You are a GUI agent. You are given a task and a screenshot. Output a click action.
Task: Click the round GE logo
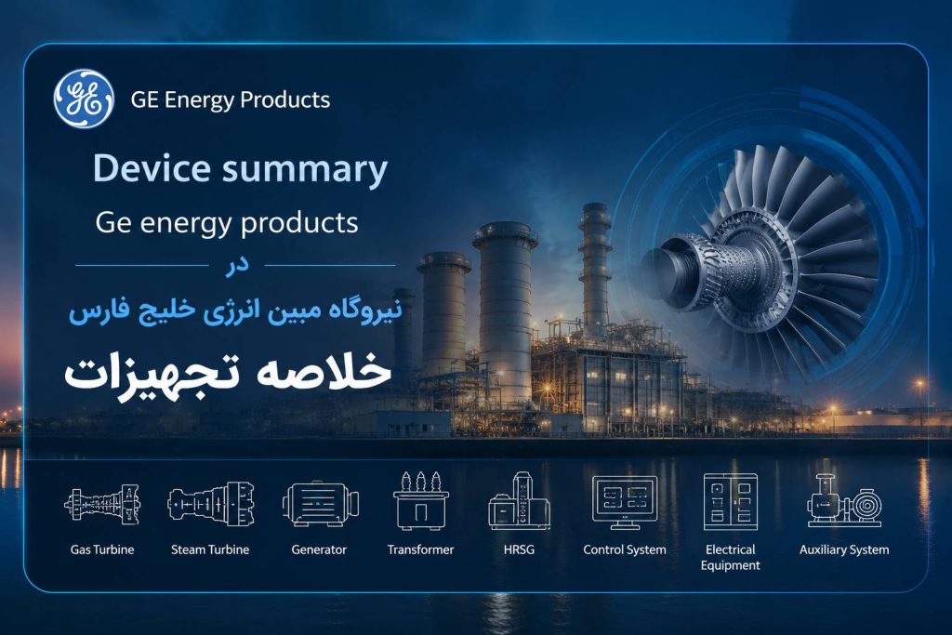[83, 99]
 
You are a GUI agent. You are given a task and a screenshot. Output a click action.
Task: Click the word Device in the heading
[152, 168]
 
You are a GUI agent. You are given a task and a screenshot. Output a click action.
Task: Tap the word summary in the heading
[304, 170]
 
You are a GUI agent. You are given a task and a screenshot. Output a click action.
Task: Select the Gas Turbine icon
[102, 505]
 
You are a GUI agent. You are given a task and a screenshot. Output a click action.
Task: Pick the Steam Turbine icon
[211, 504]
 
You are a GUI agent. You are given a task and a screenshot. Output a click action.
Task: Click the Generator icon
[320, 503]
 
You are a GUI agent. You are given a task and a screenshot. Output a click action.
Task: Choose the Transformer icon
[421, 501]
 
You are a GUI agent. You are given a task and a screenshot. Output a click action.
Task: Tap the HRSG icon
[519, 501]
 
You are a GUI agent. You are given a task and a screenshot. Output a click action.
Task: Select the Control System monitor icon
[625, 502]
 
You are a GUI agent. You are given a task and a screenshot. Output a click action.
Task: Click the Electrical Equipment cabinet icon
[731, 501]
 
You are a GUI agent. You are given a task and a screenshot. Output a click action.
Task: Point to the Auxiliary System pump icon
[844, 501]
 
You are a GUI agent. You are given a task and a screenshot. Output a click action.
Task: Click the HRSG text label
[519, 549]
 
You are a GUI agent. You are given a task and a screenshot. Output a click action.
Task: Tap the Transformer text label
[421, 549]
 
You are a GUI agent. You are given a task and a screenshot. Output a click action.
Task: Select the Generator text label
[319, 549]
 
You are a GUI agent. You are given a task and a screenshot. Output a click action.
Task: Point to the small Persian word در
[237, 265]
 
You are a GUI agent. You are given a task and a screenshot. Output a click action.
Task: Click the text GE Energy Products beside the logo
[231, 99]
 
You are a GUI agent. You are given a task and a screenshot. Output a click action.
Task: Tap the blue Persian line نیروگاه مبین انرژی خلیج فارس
[235, 311]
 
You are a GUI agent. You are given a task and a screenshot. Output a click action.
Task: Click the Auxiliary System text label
[844, 549]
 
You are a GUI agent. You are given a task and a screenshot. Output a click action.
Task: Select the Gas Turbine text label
[102, 549]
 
